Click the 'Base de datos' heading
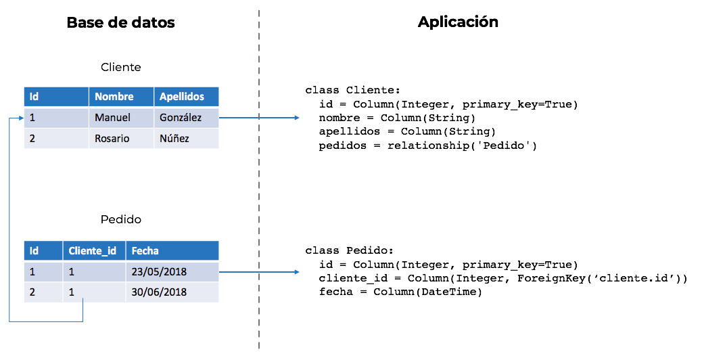click(x=120, y=22)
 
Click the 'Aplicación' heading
click(x=458, y=22)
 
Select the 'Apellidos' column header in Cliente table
click(x=182, y=97)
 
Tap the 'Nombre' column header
click(x=114, y=97)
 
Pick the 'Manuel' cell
click(x=112, y=118)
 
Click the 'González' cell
click(x=181, y=118)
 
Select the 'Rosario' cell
click(x=112, y=139)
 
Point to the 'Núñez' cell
click(x=174, y=139)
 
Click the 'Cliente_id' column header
click(x=92, y=251)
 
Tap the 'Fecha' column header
click(x=145, y=251)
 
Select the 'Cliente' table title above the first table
click(x=120, y=67)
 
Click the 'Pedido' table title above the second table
click(x=120, y=220)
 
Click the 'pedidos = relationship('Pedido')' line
click(x=427, y=145)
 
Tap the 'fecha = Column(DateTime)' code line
click(x=400, y=292)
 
